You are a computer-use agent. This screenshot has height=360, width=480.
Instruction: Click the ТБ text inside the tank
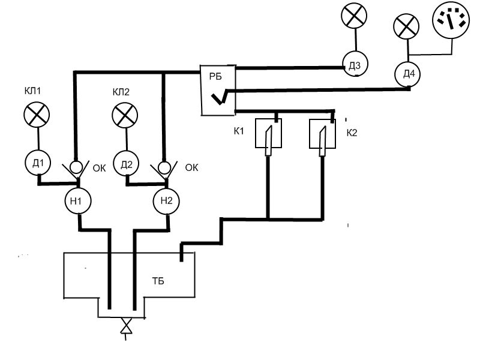point(158,281)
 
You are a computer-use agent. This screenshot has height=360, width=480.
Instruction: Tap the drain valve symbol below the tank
point(126,326)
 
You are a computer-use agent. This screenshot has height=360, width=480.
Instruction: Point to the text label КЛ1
point(32,91)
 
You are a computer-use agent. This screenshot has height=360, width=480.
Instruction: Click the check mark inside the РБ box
point(220,97)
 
